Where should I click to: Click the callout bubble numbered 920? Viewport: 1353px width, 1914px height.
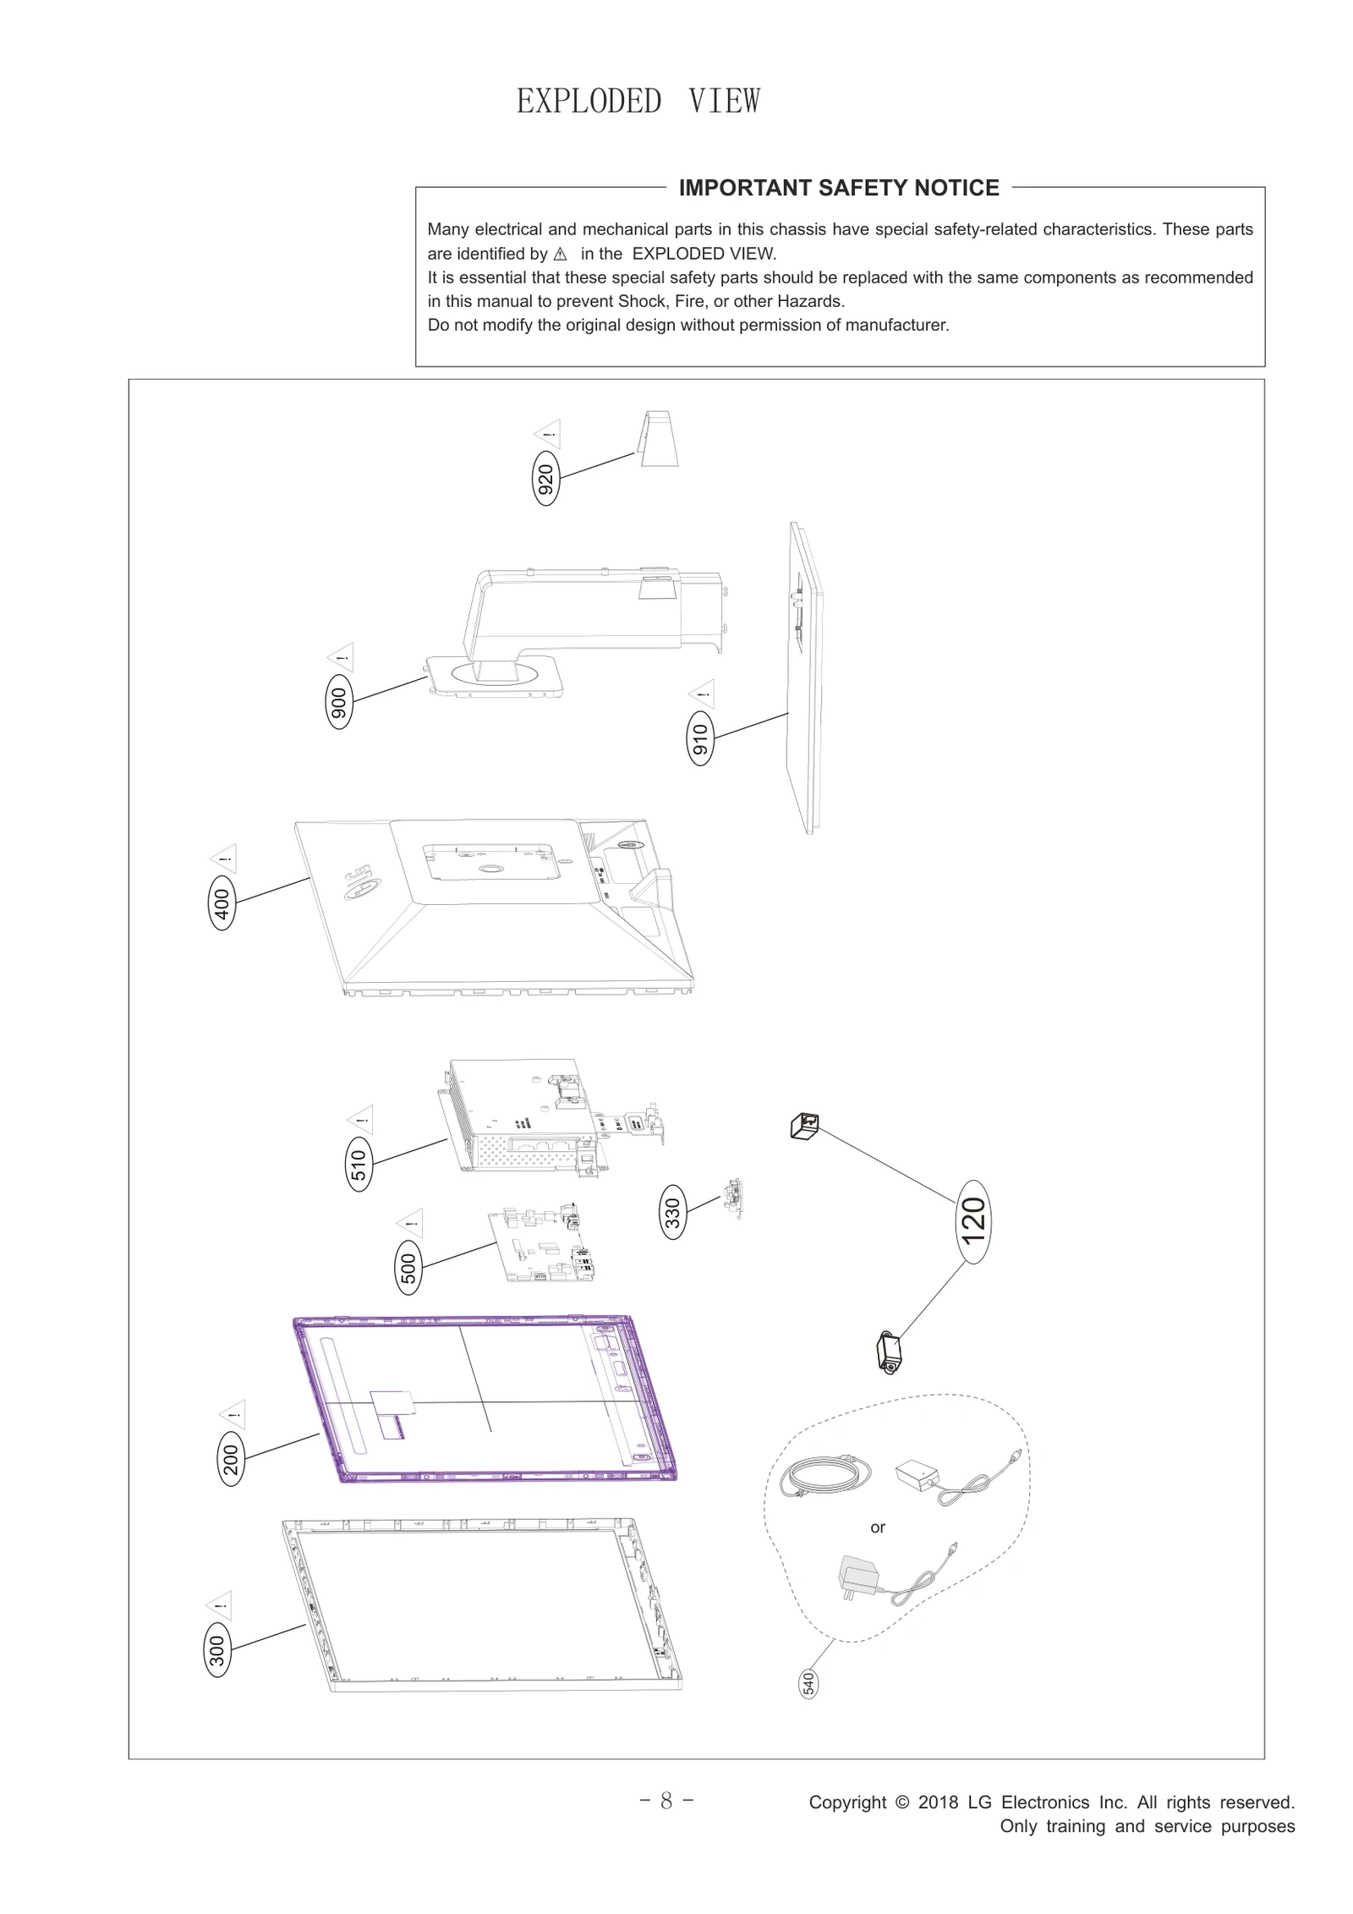546,479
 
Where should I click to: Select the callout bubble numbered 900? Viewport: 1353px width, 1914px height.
339,701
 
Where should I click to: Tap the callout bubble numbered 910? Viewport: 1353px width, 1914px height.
700,739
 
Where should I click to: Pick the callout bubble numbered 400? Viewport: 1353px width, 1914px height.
222,902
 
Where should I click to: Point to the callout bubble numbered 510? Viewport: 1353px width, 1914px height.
359,1165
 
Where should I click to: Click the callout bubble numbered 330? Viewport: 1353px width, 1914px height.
673,1213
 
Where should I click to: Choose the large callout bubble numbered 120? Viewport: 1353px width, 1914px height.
973,1220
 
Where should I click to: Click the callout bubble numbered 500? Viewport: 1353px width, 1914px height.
408,1268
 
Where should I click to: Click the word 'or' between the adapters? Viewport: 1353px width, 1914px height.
877,1527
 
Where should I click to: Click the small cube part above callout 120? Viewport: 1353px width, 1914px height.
804,1126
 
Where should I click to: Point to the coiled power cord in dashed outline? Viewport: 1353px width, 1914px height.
824,1478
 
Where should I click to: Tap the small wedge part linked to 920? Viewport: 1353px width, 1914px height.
657,439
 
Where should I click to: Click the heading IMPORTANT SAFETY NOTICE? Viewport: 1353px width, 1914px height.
838,188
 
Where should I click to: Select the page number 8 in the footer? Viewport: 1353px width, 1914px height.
666,1801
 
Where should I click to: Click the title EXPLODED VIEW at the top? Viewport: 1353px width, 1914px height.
638,101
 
